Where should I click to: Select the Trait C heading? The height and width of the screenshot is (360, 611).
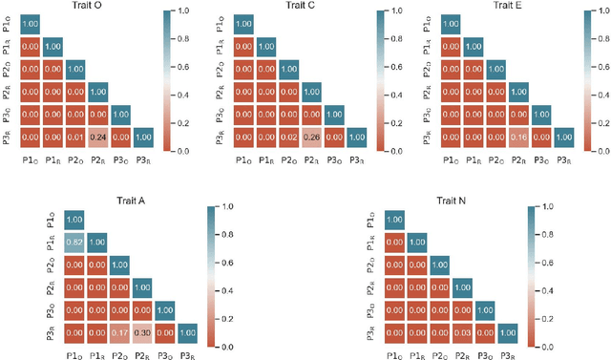tap(295, 7)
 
